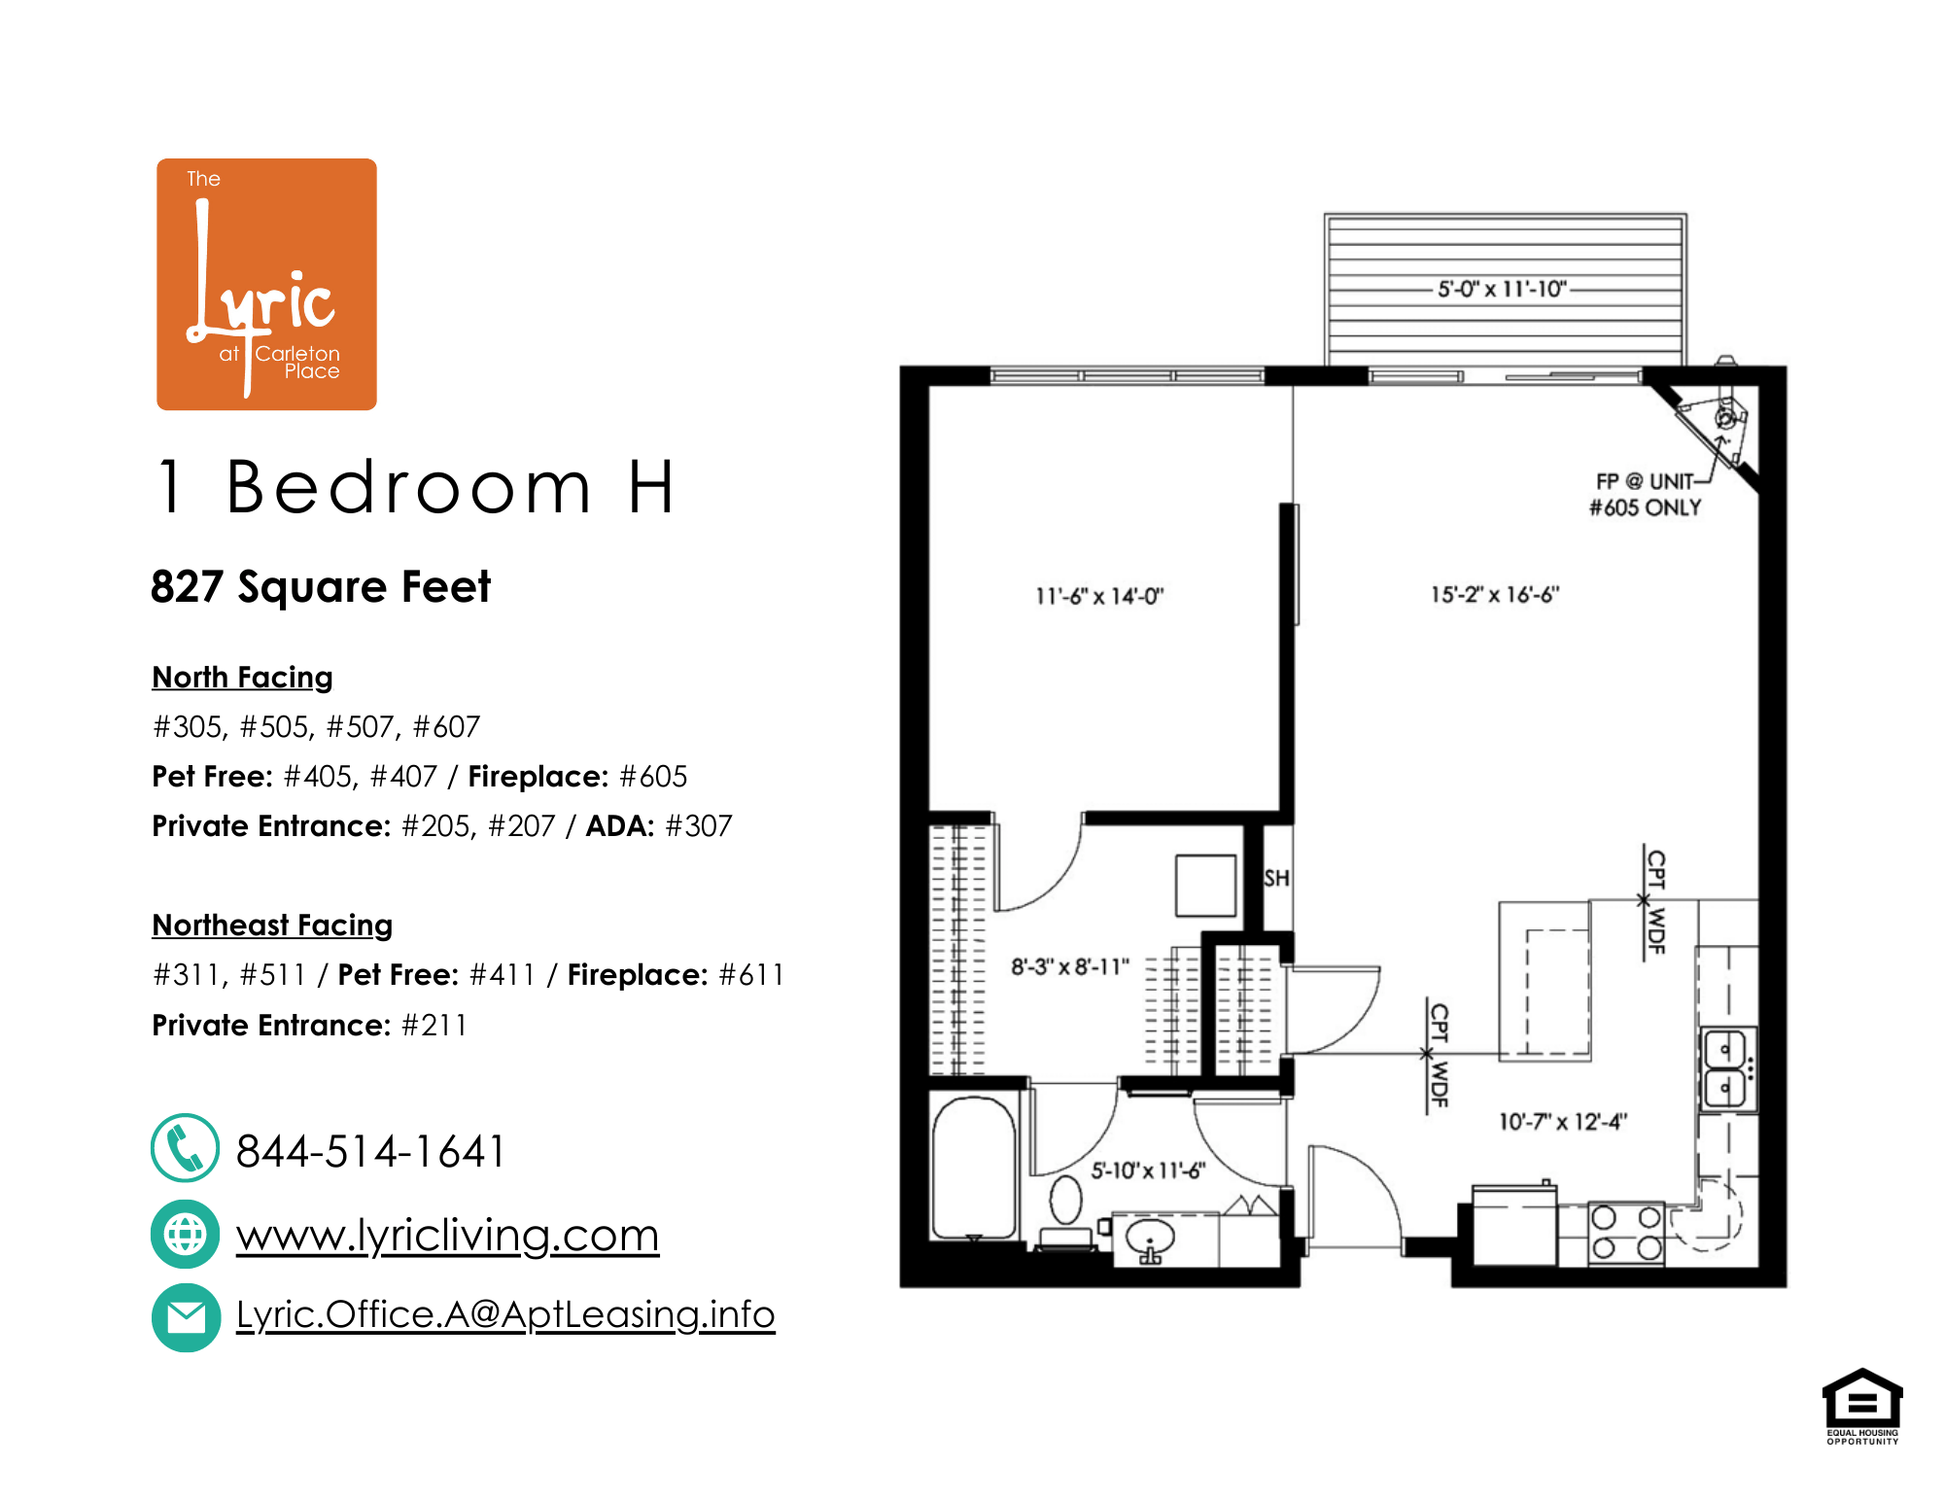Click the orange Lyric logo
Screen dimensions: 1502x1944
(x=266, y=284)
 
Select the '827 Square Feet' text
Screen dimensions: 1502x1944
(x=321, y=587)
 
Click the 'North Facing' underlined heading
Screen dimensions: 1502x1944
(x=242, y=677)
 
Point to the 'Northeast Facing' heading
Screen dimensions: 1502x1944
(x=272, y=925)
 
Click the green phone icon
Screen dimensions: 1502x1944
(x=185, y=1148)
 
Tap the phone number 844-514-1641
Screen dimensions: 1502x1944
(x=370, y=1151)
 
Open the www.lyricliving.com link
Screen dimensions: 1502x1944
(x=447, y=1235)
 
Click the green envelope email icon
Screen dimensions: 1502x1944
(x=185, y=1317)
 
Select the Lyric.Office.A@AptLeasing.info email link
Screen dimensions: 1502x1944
(x=505, y=1314)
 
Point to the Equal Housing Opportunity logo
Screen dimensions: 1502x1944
(x=1861, y=1406)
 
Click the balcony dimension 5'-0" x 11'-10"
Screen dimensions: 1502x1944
(x=1502, y=289)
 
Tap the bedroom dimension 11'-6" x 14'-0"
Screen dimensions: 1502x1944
(x=1099, y=596)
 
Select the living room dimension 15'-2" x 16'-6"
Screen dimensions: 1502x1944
(x=1494, y=594)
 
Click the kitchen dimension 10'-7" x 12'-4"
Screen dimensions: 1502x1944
(x=1562, y=1122)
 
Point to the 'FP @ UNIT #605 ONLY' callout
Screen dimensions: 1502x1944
(x=1645, y=495)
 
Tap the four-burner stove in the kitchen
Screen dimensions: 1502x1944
(x=1626, y=1233)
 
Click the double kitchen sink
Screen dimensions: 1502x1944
(x=1727, y=1068)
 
